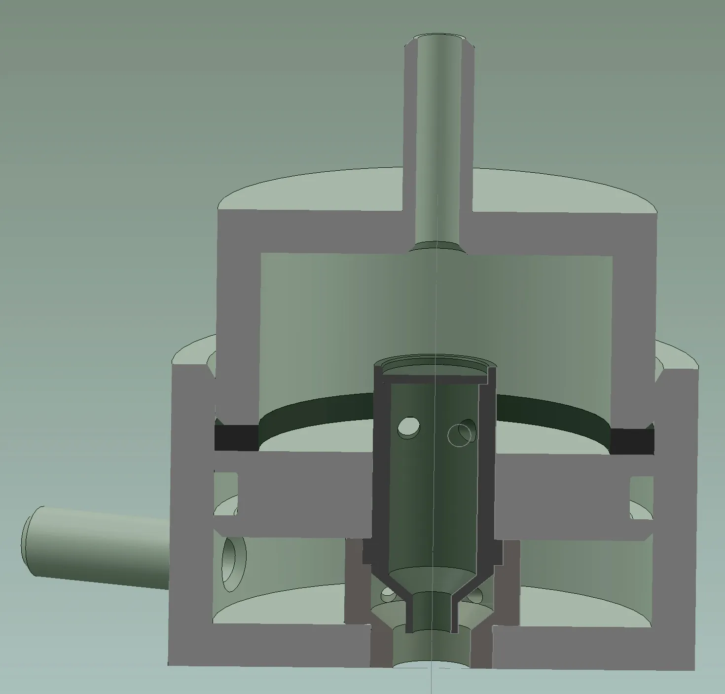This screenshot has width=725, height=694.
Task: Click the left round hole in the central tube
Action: pyautogui.click(x=409, y=427)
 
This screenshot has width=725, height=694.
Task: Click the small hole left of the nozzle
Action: pyautogui.click(x=388, y=595)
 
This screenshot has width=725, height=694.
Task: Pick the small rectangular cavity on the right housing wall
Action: pyautogui.click(x=642, y=496)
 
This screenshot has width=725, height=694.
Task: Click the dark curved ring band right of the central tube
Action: pyautogui.click(x=552, y=409)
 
